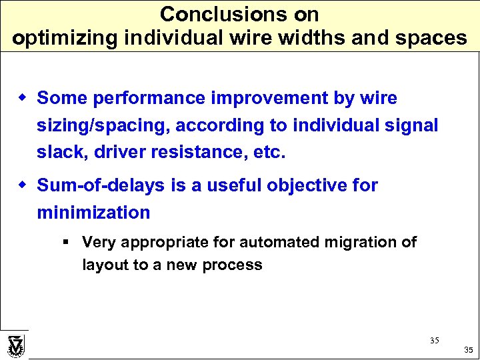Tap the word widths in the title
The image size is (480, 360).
click(x=311, y=37)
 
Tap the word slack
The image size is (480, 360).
click(x=58, y=152)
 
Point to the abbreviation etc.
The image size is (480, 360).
click(x=269, y=152)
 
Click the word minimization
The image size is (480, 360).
click(x=94, y=213)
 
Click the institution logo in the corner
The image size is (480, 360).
click(x=15, y=345)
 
